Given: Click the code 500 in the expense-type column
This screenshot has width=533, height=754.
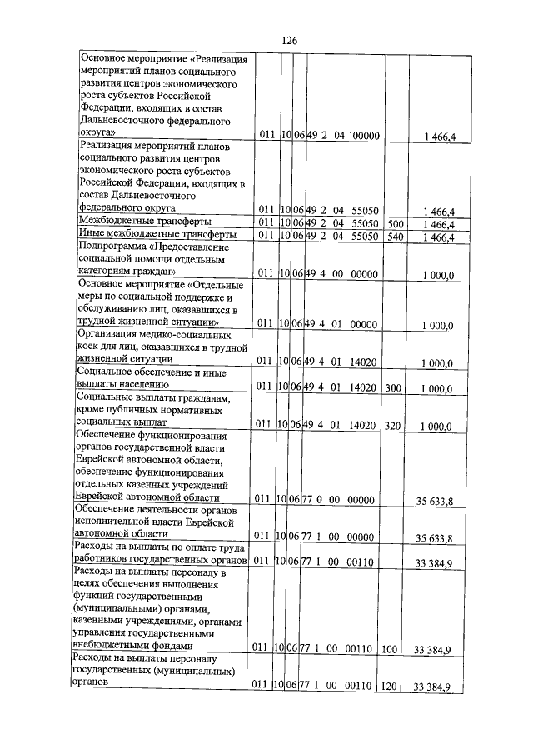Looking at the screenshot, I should (396, 222).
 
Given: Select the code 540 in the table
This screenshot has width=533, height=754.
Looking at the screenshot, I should (396, 237).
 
